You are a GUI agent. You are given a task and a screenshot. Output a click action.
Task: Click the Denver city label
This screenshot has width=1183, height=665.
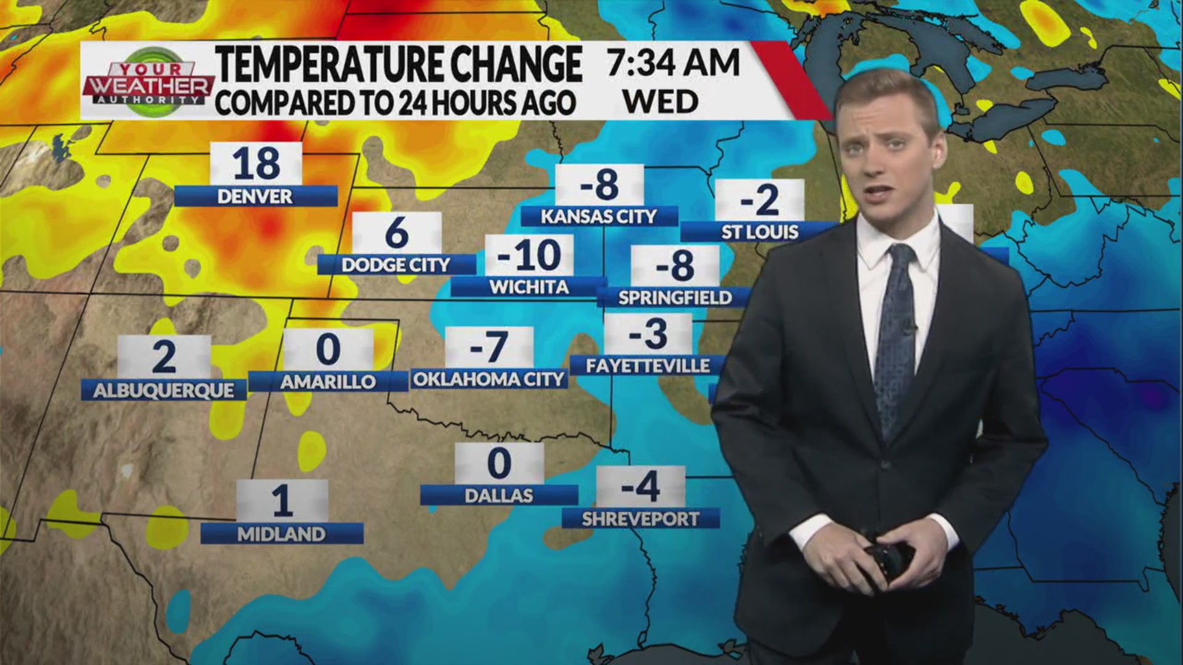(x=255, y=196)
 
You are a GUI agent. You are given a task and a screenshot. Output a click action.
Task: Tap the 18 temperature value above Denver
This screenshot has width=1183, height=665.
(x=256, y=164)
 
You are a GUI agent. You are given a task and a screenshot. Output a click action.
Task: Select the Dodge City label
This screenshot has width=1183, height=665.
(x=396, y=265)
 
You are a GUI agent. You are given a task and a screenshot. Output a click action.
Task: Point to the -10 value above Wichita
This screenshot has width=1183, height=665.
(x=529, y=256)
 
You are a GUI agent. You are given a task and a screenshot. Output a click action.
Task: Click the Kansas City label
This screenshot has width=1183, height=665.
(x=599, y=216)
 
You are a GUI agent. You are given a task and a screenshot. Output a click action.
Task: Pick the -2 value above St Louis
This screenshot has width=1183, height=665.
(x=760, y=200)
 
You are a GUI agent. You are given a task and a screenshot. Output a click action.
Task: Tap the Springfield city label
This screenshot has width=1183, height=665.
(x=675, y=297)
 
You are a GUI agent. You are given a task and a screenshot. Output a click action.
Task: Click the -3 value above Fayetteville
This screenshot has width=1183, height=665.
(x=648, y=334)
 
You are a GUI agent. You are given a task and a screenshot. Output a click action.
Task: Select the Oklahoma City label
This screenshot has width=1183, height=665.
(x=489, y=379)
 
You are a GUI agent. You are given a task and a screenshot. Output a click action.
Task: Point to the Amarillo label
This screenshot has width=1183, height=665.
(x=328, y=382)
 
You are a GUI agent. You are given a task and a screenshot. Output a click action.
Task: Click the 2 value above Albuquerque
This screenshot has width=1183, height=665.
(x=163, y=357)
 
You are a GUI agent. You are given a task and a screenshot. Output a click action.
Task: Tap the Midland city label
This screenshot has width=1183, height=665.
(x=282, y=534)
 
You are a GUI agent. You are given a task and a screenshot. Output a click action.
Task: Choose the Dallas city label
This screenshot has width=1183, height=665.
(x=498, y=495)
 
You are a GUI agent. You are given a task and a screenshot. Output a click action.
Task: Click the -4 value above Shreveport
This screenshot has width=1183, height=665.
(x=641, y=486)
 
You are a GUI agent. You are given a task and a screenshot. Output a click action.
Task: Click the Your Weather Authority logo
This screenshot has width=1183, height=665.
(x=148, y=81)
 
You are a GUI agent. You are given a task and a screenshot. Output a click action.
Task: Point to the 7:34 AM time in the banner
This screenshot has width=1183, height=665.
(x=673, y=63)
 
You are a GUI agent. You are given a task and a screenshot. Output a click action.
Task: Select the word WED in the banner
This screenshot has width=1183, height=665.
(x=661, y=102)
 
